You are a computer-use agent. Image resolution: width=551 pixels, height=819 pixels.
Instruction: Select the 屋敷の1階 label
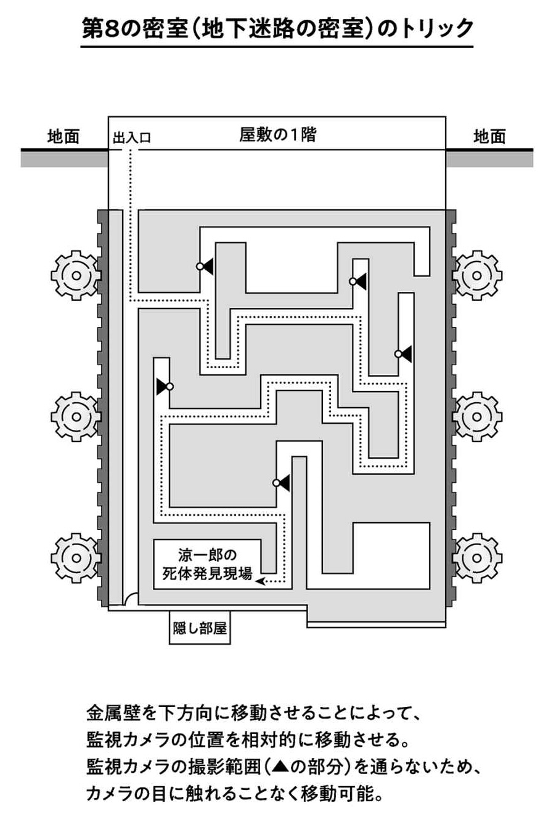pos(277,134)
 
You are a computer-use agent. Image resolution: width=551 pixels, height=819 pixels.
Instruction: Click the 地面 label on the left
pos(63,137)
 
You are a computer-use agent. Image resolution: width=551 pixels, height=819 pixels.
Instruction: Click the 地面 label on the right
pos(489,137)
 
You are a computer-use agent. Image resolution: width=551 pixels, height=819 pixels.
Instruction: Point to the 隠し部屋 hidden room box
pos(200,629)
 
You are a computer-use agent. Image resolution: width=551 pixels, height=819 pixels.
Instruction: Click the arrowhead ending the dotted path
pos(260,581)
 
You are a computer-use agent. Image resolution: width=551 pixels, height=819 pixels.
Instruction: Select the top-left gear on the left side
pos(76,275)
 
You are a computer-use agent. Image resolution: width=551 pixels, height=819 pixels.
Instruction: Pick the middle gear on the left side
pos(76,417)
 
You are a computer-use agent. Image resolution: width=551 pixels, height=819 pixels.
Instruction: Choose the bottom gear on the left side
pos(76,558)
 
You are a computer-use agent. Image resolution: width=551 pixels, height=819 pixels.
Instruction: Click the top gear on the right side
pos(477,275)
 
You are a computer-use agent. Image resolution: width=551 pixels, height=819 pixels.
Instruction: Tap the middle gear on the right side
pos(477,417)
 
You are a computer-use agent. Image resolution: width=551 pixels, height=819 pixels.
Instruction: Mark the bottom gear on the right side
pos(477,558)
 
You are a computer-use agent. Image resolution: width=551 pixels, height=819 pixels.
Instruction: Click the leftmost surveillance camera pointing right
pos(163,386)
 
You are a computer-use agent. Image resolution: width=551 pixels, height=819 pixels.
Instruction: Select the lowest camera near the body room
pos(282,483)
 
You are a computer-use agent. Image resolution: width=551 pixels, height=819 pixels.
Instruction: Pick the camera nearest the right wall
pos(404,353)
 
